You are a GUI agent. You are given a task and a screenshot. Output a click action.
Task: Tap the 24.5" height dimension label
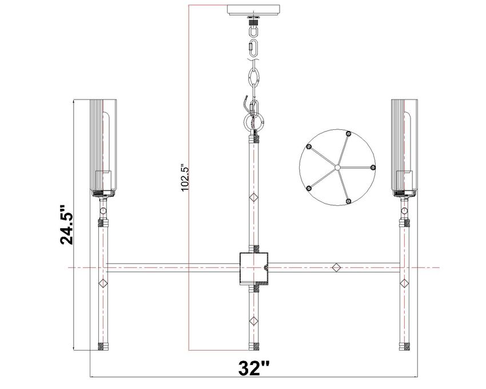tap(66, 225)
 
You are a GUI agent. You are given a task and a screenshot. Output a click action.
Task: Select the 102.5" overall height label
tap(184, 178)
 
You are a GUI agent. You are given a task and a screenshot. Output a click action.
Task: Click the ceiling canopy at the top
tap(254, 10)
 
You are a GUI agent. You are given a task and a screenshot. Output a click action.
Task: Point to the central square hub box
tap(254, 268)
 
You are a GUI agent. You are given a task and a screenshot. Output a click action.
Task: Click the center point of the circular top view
tap(337, 168)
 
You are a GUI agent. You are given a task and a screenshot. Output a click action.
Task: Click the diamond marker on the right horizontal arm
tap(336, 267)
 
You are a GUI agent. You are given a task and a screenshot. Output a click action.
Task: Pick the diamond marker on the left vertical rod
tap(103, 283)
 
